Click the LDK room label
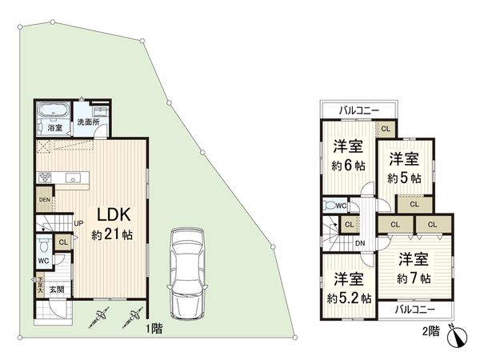[114, 214]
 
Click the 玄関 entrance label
[58, 289]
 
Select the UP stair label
[78, 225]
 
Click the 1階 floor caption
[154, 328]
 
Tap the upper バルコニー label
[358, 110]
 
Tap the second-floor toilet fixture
[331, 206]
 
